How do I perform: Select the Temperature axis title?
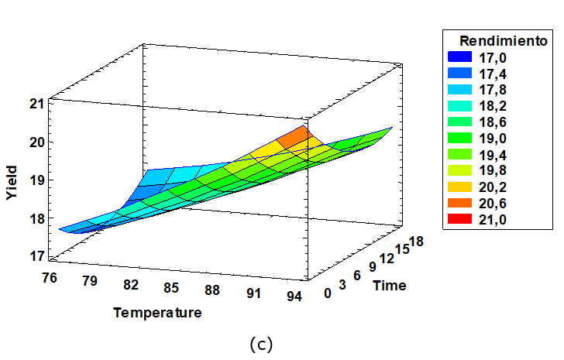(157, 313)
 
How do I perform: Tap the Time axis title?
(389, 286)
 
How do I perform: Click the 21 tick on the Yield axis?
(36, 104)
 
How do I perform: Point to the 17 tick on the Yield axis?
(36, 256)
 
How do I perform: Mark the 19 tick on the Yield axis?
(36, 180)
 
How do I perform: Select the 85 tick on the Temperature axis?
(171, 288)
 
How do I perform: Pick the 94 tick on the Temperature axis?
(294, 296)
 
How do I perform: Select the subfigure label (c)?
(263, 344)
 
